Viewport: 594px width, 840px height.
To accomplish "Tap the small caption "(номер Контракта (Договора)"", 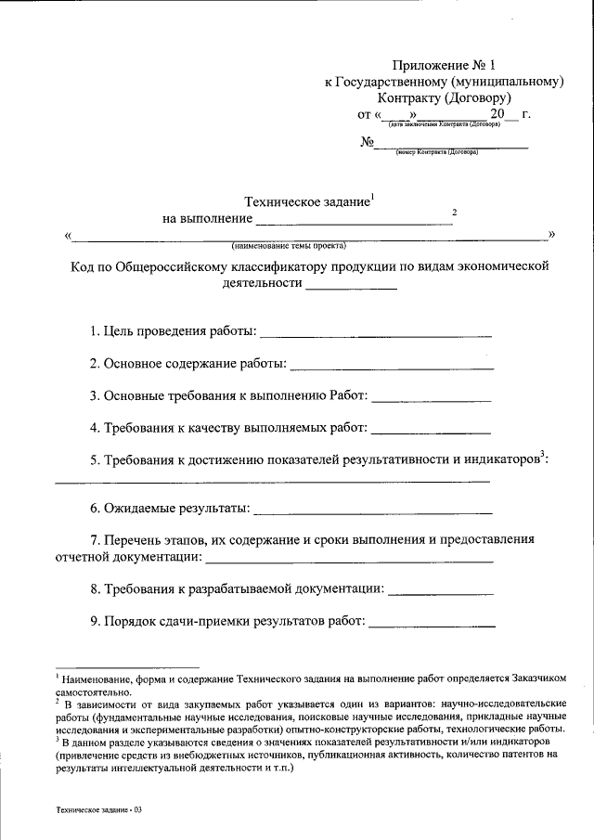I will point(436,150).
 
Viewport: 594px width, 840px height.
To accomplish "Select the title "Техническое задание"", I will point(305,201).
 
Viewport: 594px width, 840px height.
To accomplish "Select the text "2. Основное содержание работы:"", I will point(188,363).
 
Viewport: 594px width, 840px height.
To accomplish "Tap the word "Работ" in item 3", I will point(347,395).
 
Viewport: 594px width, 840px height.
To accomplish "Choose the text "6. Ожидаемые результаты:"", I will point(170,509).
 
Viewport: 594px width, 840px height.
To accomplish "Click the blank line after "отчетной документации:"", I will point(349,560).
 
